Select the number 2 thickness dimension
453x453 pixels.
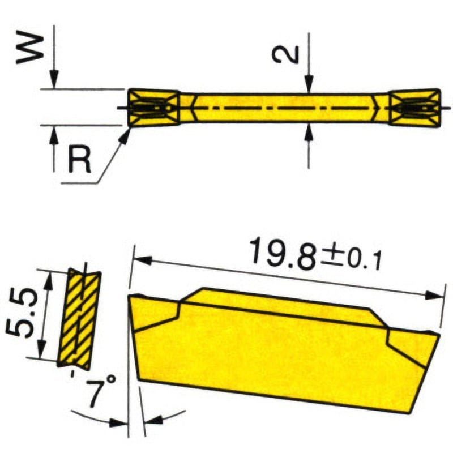pos(284,54)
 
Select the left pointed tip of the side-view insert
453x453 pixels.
pos(131,298)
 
